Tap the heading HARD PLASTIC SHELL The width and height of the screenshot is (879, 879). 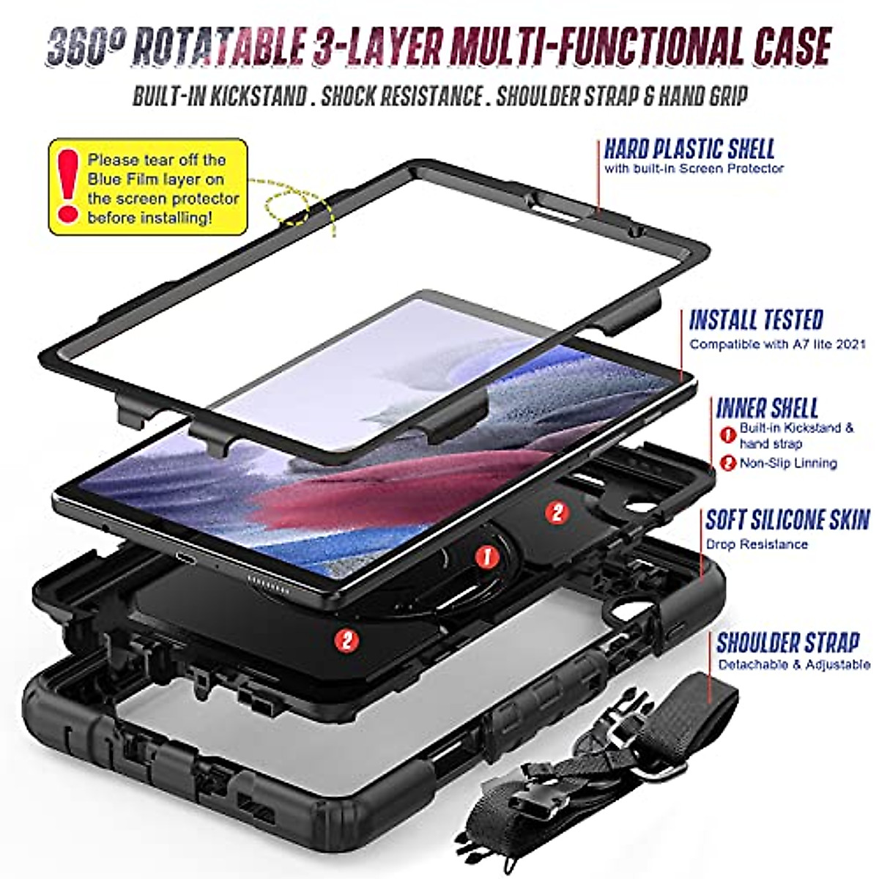[x=689, y=149]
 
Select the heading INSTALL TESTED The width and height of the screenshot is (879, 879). [x=756, y=320]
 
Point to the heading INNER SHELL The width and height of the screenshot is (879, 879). [x=767, y=408]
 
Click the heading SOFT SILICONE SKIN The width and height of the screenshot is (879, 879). [x=787, y=519]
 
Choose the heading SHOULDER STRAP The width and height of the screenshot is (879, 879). [x=787, y=642]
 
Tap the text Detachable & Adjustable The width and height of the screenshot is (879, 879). [x=794, y=665]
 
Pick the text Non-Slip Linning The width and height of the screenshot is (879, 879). [x=788, y=463]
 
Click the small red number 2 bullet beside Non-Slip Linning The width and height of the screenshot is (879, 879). [x=727, y=463]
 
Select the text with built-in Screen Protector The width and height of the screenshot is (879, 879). [x=694, y=168]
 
